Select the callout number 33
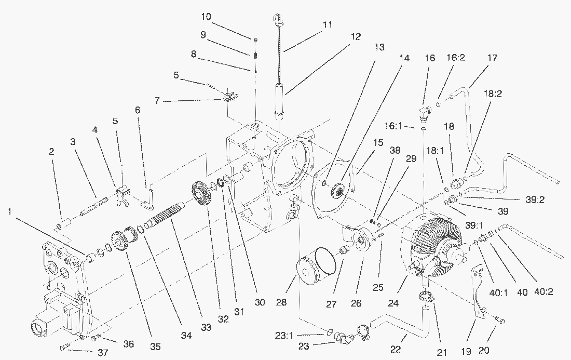[x=206, y=327]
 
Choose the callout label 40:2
[x=543, y=292]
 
